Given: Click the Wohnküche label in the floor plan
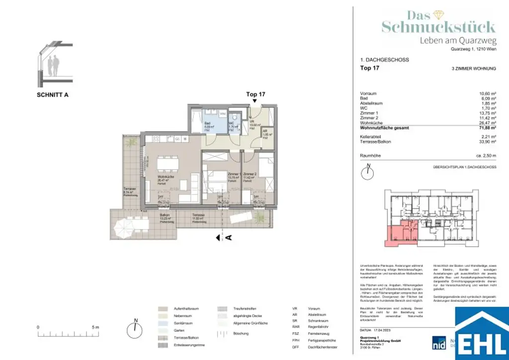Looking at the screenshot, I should pyautogui.click(x=165, y=179).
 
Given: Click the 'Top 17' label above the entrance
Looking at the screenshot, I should pyautogui.click(x=255, y=94).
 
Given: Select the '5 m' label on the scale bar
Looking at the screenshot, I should pyautogui.click(x=96, y=327).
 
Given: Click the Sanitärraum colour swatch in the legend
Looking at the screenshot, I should pyautogui.click(x=163, y=322).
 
